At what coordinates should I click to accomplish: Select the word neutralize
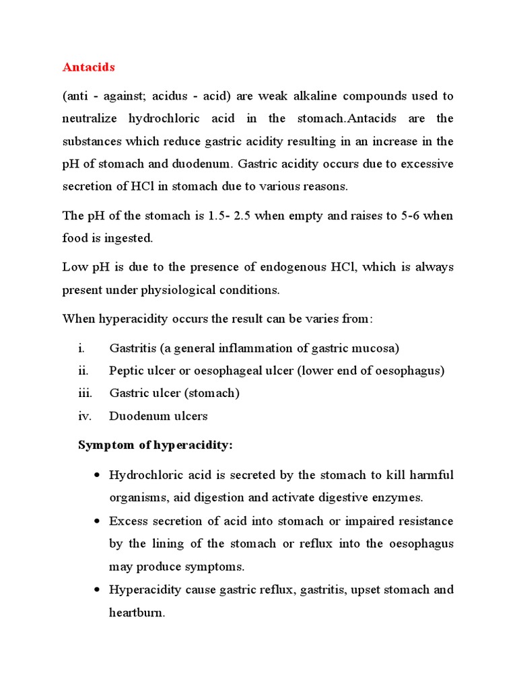(90, 118)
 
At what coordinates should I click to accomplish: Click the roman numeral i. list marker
(81, 348)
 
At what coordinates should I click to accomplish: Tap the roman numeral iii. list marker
(84, 393)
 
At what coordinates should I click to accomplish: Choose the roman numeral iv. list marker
(84, 416)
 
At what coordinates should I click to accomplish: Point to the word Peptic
(125, 371)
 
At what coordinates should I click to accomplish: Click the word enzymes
(399, 498)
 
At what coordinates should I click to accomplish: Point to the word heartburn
(137, 613)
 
